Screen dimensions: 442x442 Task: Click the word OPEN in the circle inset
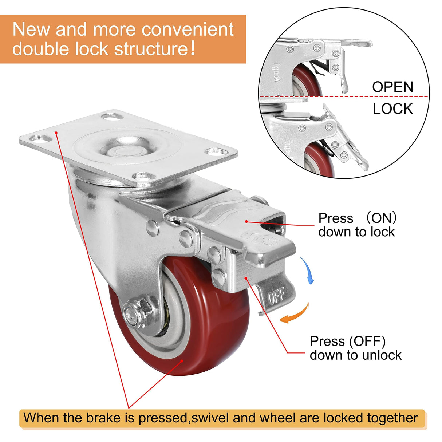coord(392,87)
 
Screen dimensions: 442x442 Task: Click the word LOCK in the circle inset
coord(392,109)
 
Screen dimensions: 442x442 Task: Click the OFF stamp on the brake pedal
coord(276,297)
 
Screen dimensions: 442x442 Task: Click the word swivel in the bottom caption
coord(210,418)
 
